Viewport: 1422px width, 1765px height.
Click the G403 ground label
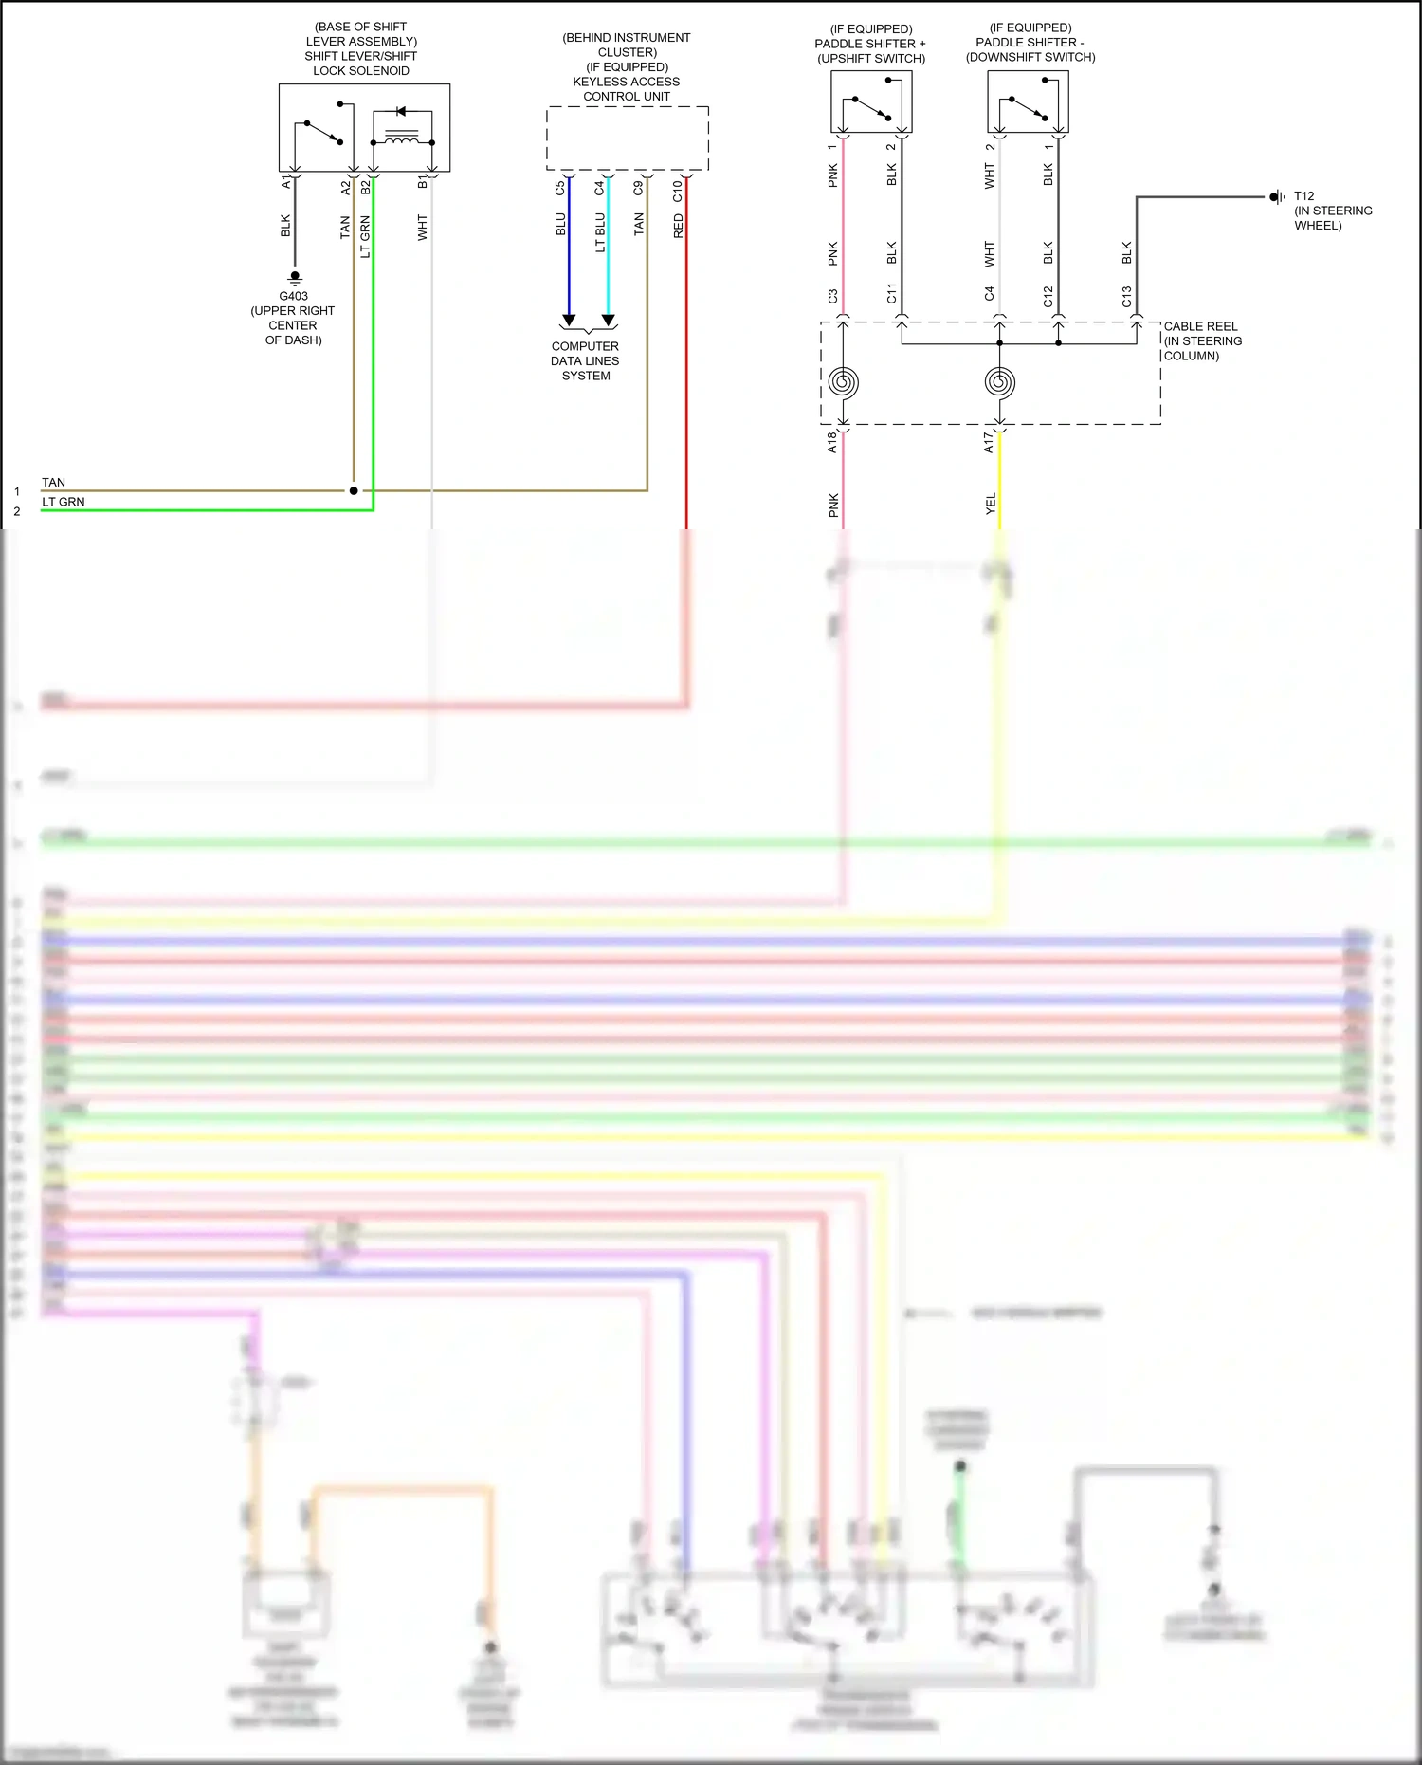293,296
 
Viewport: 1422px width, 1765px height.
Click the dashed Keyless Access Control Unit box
627,138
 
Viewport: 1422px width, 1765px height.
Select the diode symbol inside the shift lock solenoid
401,112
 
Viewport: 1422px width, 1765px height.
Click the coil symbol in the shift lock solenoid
402,140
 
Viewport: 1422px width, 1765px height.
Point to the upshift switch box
871,101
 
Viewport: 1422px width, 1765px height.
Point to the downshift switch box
1028,101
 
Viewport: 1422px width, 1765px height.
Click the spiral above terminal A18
843,382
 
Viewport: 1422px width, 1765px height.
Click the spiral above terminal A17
999,382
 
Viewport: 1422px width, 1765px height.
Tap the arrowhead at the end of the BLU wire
569,320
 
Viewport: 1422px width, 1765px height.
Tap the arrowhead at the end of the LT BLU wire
609,320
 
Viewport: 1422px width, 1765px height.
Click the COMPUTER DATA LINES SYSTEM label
585,361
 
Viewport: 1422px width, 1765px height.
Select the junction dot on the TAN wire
354,490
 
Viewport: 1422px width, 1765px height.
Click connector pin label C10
677,191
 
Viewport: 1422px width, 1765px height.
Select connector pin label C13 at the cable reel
1126,297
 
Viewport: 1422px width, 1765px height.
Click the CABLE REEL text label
1201,326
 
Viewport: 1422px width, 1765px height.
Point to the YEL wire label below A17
991,504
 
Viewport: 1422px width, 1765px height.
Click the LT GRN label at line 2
63,502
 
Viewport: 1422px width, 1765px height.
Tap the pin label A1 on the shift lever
285,182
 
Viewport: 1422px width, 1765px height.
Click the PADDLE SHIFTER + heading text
870,44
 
